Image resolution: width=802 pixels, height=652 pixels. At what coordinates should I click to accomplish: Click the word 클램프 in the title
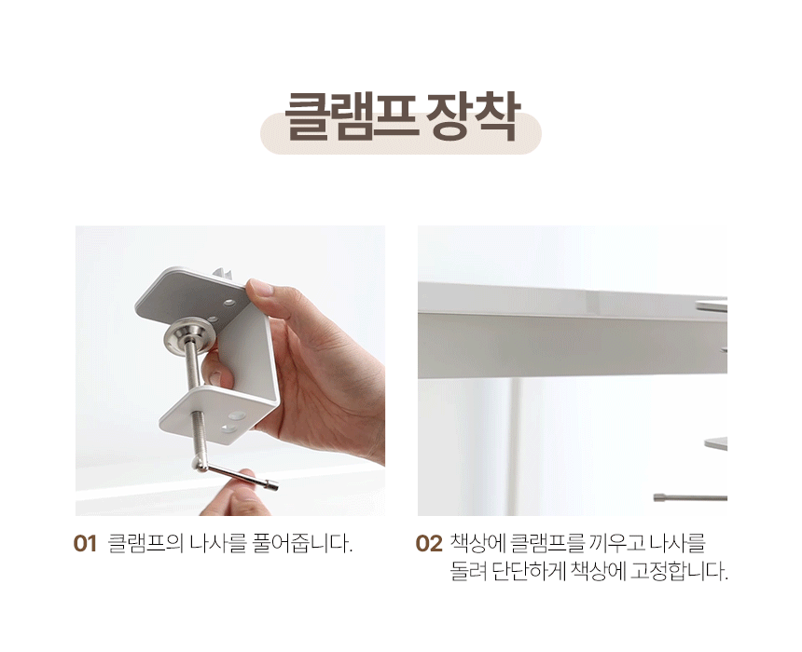pyautogui.click(x=350, y=117)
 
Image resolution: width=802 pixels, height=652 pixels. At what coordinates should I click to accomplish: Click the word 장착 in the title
pyautogui.click(x=472, y=117)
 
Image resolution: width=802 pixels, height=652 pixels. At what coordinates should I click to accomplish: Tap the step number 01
pyautogui.click(x=85, y=544)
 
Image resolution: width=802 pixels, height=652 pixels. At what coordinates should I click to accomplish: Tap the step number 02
pyautogui.click(x=429, y=544)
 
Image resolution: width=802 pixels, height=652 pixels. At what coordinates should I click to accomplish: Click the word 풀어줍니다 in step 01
pyautogui.click(x=303, y=543)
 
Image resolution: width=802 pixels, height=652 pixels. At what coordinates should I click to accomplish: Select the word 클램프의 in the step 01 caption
pyautogui.click(x=145, y=543)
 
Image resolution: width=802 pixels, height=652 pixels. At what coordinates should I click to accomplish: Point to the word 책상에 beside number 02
pyautogui.click(x=477, y=543)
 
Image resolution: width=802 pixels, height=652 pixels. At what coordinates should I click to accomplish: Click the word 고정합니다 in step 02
pyautogui.click(x=679, y=571)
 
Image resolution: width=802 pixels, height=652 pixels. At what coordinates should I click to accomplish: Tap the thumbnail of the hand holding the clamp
pyautogui.click(x=230, y=371)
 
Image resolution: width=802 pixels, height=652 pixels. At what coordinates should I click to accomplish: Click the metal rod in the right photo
pyautogui.click(x=690, y=497)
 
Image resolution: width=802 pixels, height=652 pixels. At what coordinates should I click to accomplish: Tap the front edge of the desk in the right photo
pyautogui.click(x=573, y=346)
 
